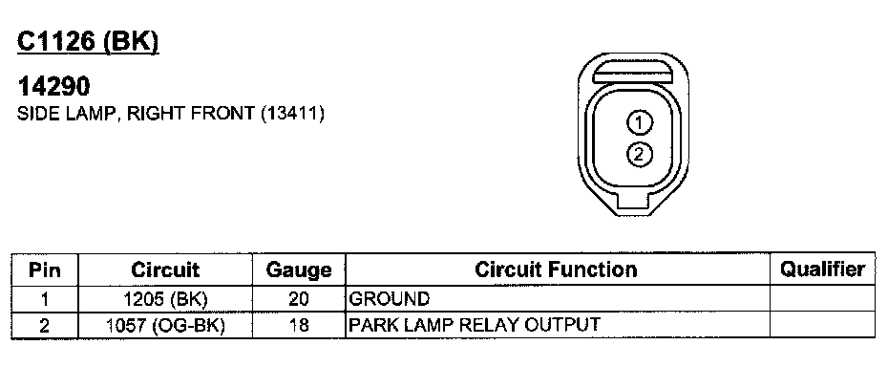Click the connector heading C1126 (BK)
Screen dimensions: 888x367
pyautogui.click(x=88, y=41)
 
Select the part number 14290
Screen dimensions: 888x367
pyautogui.click(x=53, y=86)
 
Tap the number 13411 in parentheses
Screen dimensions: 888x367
pyautogui.click(x=292, y=113)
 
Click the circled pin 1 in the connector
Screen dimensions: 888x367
pyautogui.click(x=640, y=122)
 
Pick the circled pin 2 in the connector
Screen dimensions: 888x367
pyautogui.click(x=640, y=154)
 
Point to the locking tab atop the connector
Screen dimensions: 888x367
pyautogui.click(x=632, y=71)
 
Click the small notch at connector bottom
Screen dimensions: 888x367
pyautogui.click(x=633, y=201)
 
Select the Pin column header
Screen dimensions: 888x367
pyautogui.click(x=45, y=270)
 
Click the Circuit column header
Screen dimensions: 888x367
pyautogui.click(x=165, y=270)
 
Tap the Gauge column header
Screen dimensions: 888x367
pyautogui.click(x=299, y=270)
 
